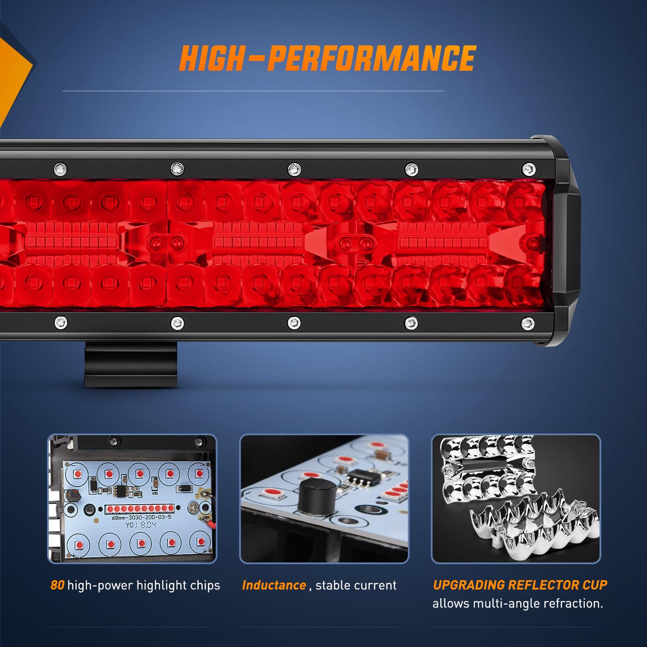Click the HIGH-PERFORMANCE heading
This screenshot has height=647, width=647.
[x=327, y=58]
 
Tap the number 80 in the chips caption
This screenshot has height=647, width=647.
[x=57, y=585]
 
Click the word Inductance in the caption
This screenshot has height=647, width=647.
[x=274, y=585]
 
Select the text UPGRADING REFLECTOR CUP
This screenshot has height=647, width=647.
[x=520, y=585]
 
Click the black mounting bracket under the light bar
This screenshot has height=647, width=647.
[x=131, y=364]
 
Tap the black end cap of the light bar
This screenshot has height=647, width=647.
[x=561, y=242]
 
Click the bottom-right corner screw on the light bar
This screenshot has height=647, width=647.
[x=528, y=323]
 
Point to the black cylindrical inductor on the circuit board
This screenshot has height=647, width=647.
[x=317, y=496]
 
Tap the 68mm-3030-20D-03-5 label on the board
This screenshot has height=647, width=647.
[x=141, y=517]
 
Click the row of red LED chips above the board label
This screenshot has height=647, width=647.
[x=140, y=509]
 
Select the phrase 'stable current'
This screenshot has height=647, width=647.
[x=356, y=585]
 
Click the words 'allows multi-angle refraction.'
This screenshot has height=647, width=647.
[x=518, y=603]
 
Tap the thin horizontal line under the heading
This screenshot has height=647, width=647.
[x=253, y=91]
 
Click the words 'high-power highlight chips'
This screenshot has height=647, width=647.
[x=144, y=585]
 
